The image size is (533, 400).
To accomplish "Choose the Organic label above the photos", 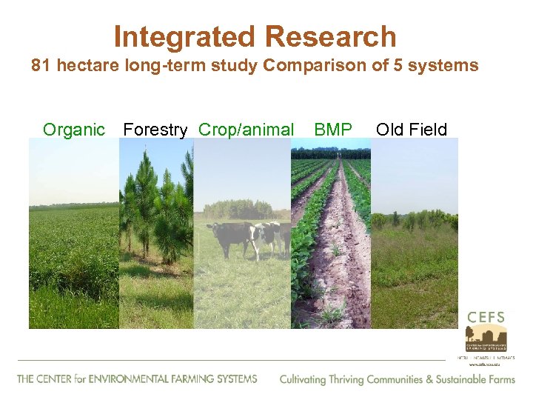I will coord(74,130).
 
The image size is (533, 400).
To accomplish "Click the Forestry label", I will coord(155,130).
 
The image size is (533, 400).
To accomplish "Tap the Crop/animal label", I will coord(246,130).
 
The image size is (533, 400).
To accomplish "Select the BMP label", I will coord(333,130).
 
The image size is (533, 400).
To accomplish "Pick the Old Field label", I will coord(412,130).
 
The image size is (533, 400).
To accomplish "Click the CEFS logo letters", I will coord(486,317).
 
